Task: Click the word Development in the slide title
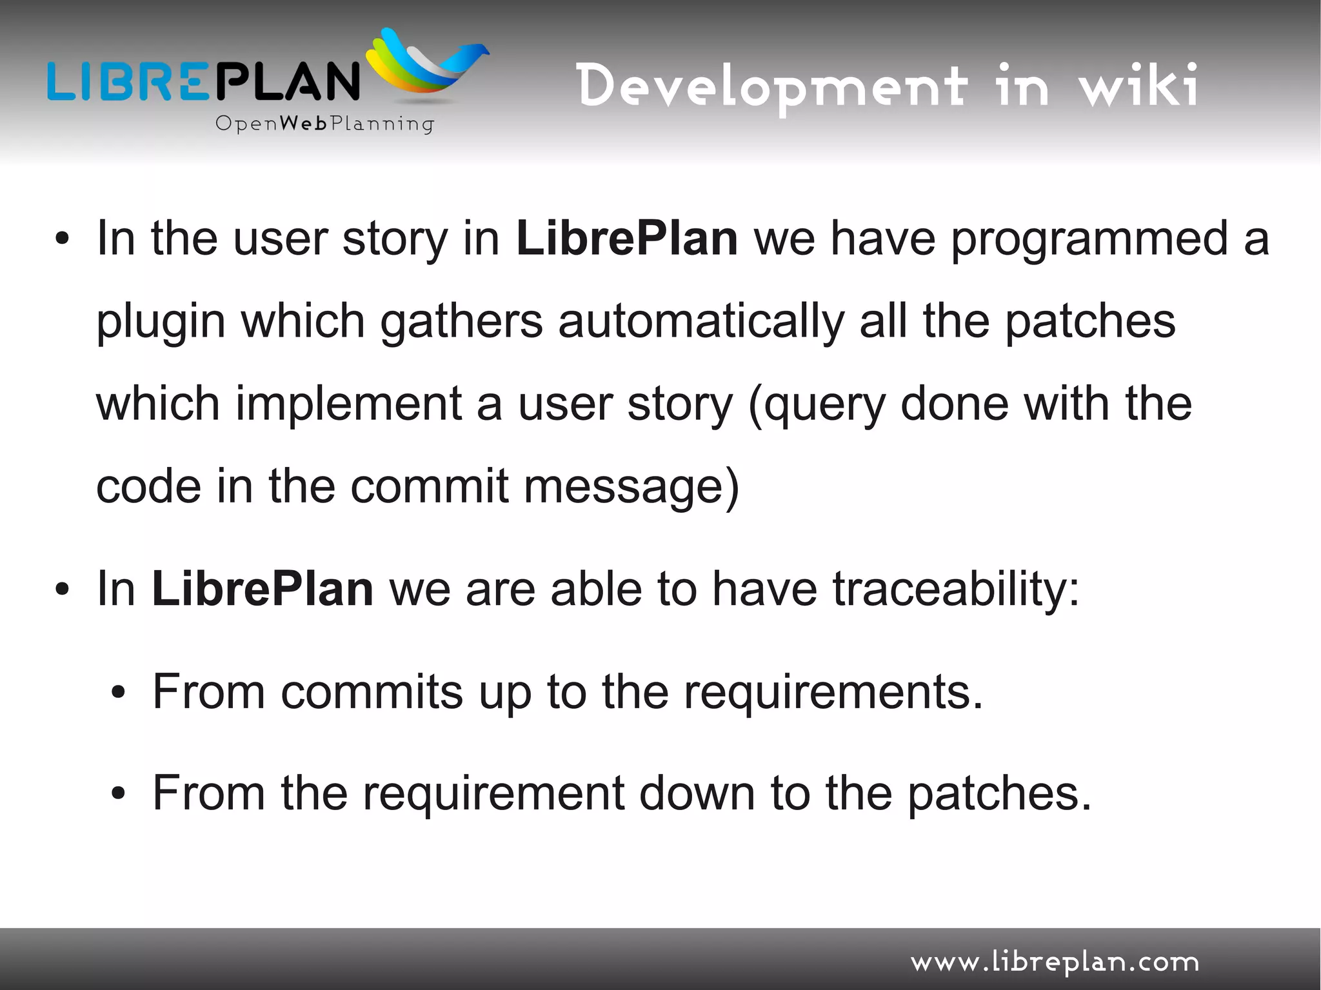tap(771, 87)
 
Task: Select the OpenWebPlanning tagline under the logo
tap(324, 123)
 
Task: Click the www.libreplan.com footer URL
tap(1055, 962)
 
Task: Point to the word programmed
tap(1089, 239)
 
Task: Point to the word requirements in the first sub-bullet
tap(833, 692)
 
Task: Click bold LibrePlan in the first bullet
tap(627, 239)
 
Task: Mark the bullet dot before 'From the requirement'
tap(117, 794)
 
